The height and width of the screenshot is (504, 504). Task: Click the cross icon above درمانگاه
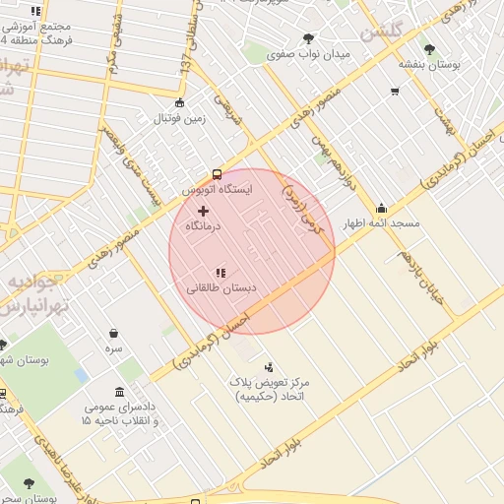coord(204,211)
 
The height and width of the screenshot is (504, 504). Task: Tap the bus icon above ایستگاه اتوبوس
coord(217,174)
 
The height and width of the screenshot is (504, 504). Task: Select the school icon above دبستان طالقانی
coord(220,273)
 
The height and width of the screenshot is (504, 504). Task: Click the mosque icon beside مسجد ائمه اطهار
coord(381,209)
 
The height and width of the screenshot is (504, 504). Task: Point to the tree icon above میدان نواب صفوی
coord(309,38)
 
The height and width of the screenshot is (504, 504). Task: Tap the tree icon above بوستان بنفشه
coord(428,49)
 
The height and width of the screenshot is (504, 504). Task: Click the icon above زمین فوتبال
coord(179,103)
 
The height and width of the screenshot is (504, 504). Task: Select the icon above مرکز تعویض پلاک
coord(269,367)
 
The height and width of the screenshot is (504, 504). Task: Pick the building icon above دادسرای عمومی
coord(119,392)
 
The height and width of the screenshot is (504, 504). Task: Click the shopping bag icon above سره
coord(114,333)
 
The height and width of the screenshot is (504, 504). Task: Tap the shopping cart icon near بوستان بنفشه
coord(395,92)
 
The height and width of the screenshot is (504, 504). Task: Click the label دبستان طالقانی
coord(220,288)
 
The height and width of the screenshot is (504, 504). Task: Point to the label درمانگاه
coord(204,226)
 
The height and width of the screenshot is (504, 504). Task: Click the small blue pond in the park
coord(81,375)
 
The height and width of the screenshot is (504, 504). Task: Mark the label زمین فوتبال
coord(179,119)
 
